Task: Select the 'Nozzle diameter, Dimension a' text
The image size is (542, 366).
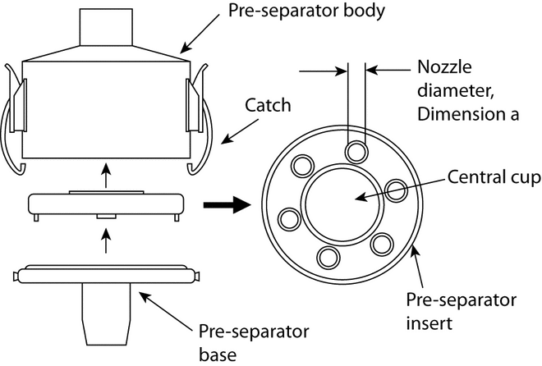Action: [468, 91]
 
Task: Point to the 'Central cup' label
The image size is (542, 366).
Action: [487, 176]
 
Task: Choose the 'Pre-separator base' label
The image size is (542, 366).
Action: [254, 341]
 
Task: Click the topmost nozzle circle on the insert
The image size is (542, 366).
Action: [356, 149]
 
